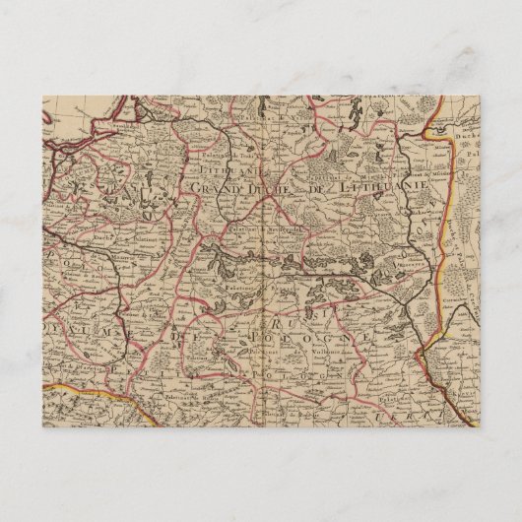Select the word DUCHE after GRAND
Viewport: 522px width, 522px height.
271,187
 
